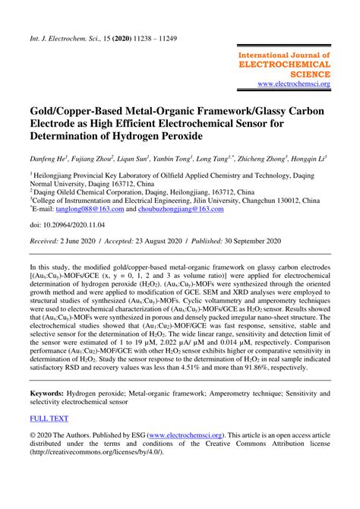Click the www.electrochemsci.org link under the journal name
coord(294,84)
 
